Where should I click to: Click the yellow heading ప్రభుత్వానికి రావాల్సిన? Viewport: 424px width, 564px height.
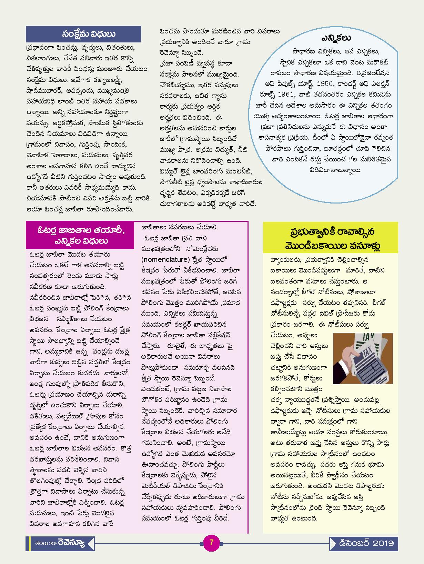coord(330,231)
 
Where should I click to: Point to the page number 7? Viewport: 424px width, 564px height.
coord(212,542)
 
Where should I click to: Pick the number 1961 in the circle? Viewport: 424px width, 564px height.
coord(305,94)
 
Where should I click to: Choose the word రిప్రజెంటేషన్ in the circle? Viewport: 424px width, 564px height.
coord(374,73)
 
